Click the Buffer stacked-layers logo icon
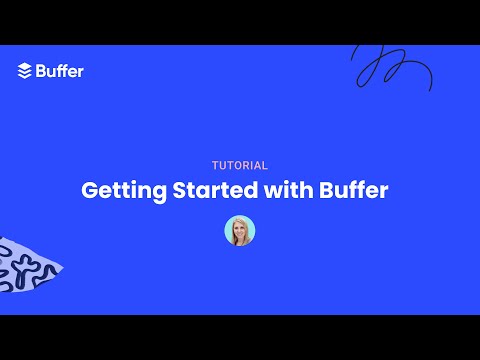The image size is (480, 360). tap(25, 71)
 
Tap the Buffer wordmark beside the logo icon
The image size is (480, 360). tap(59, 71)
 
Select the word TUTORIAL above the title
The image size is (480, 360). tap(240, 166)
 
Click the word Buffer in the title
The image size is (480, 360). tap(354, 190)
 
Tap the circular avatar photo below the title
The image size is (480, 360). tap(240, 231)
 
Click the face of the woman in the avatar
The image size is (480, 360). tap(240, 228)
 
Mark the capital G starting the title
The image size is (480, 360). tap(89, 190)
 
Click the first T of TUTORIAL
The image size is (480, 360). tap(215, 166)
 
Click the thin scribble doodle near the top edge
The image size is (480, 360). tap(390, 67)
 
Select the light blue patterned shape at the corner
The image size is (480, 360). tap(25, 265)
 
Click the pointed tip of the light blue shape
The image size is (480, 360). tap(62, 266)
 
